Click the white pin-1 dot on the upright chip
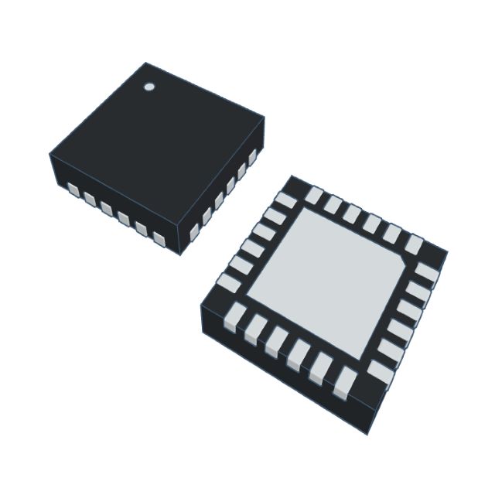click(149, 87)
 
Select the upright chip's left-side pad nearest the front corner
click(159, 240)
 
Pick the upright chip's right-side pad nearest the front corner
click(194, 234)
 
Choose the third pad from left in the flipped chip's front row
click(275, 341)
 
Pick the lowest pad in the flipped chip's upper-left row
click(228, 282)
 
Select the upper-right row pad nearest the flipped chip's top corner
click(313, 195)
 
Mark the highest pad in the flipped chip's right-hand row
click(428, 272)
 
